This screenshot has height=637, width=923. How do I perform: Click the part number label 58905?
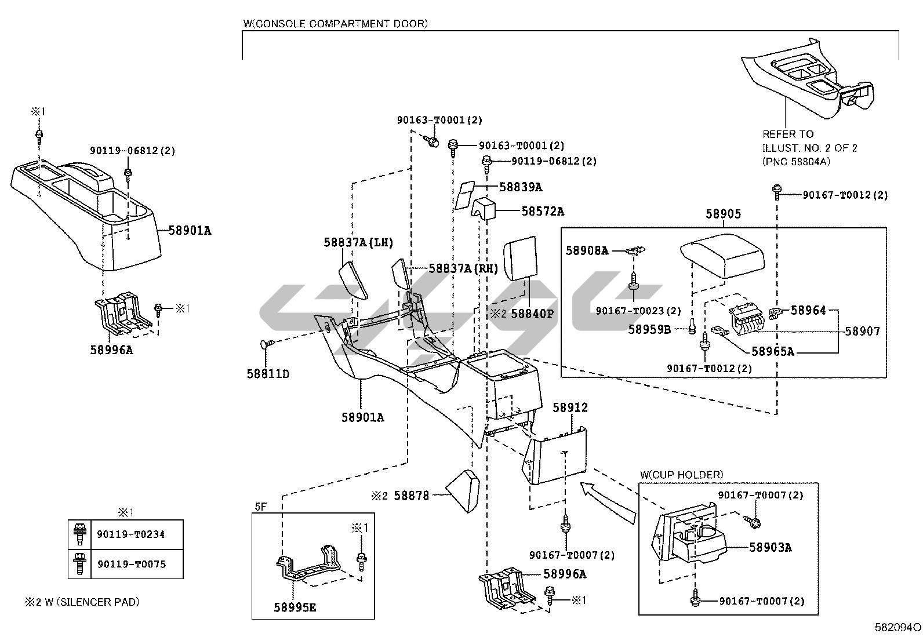point(723,214)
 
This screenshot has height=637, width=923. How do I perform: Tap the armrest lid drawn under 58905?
point(722,256)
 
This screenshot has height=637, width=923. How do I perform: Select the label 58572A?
point(543,212)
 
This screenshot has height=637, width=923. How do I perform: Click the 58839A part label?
point(521,187)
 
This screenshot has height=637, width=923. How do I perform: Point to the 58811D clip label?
point(268,374)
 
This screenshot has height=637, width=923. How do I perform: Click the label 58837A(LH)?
point(358,242)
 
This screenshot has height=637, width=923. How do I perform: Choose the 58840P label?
point(532,314)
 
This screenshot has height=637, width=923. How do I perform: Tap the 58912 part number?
point(570,407)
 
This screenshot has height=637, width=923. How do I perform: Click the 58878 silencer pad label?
point(412,495)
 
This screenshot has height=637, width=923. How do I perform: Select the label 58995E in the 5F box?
point(295,607)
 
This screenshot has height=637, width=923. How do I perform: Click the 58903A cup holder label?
point(770,547)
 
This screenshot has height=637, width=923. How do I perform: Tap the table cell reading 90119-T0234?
point(131,534)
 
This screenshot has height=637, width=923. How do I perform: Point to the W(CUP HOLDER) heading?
point(682,475)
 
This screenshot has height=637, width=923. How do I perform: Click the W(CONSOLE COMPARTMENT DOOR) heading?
point(336,24)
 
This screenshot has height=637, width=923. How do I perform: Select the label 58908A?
point(587,250)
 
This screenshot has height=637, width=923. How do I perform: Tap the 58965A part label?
point(773,351)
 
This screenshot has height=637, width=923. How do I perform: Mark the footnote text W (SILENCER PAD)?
point(92,602)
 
